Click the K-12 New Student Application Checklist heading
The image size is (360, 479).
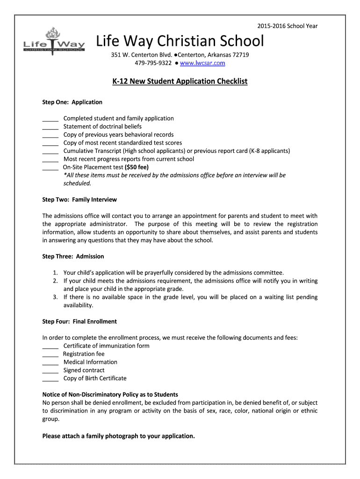click(x=180, y=81)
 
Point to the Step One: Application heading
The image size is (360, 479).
click(x=72, y=102)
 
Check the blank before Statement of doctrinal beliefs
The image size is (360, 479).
click(x=50, y=127)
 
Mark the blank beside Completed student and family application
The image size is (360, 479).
click(x=50, y=119)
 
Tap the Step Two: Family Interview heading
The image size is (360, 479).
click(x=79, y=200)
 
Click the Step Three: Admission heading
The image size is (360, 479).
click(x=73, y=256)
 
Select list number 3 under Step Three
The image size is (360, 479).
click(x=55, y=297)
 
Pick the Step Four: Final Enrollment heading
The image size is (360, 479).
click(x=79, y=321)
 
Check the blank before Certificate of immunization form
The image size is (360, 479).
click(x=50, y=346)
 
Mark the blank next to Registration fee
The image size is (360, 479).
click(x=50, y=354)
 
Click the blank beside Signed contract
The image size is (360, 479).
click(x=50, y=370)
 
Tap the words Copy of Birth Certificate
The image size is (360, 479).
click(x=95, y=378)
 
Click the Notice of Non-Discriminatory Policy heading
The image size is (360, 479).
click(x=110, y=394)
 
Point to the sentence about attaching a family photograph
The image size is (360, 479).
click(x=118, y=436)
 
